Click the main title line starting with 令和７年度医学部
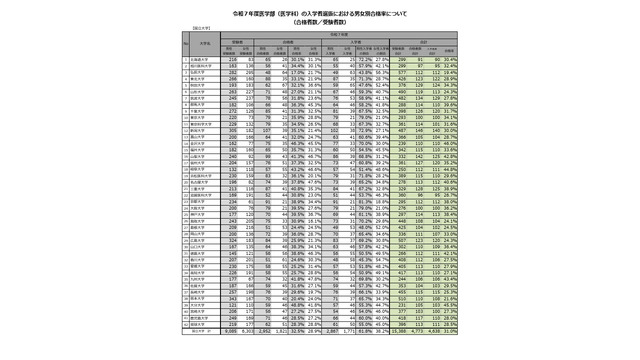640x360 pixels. pyautogui.click(x=319, y=12)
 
